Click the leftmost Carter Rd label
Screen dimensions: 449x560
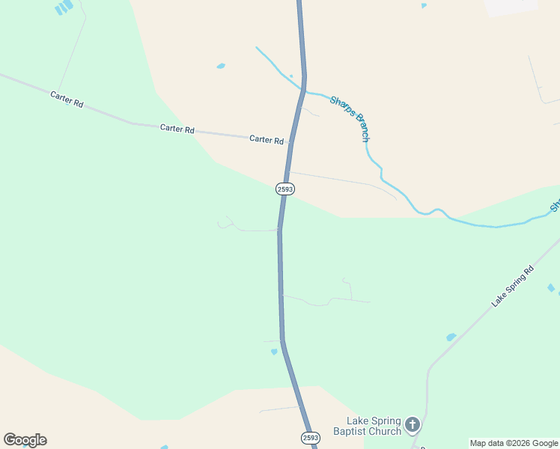[67, 100]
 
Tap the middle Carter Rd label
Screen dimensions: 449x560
[177, 129]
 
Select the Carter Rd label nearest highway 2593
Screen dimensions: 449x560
[267, 139]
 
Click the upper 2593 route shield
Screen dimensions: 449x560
[284, 189]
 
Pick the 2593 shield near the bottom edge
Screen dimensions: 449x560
[311, 437]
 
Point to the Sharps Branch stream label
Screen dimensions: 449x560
[350, 118]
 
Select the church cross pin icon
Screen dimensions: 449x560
[412, 426]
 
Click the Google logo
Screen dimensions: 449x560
[25, 440]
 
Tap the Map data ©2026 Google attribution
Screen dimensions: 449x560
[514, 443]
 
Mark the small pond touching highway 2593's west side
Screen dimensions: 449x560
[274, 351]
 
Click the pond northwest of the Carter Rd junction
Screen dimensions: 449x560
[221, 66]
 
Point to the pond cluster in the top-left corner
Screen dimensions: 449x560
[64, 7]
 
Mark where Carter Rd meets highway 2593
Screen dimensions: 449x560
[290, 140]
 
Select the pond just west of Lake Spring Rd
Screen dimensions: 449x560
[451, 337]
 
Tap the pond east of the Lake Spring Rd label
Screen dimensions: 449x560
[551, 287]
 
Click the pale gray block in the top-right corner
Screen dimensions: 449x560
[511, 6]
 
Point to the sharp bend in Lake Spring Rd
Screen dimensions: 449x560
[430, 368]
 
